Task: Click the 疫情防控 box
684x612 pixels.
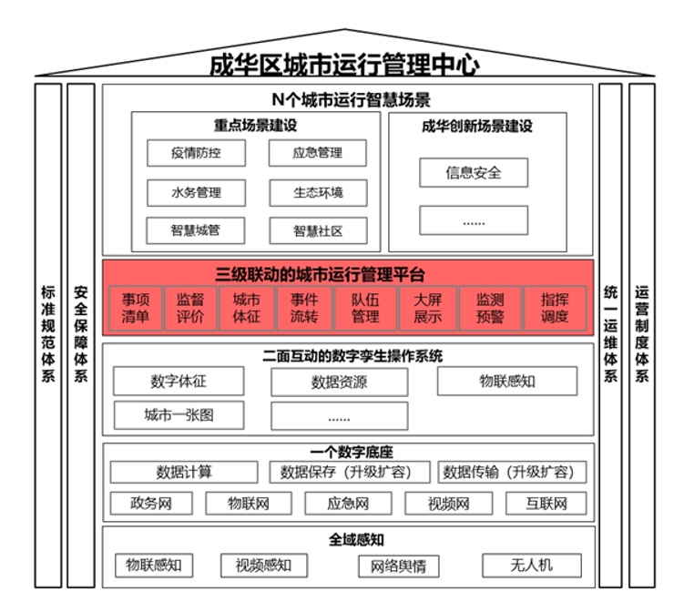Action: click(197, 153)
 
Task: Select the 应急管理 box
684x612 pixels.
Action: click(318, 153)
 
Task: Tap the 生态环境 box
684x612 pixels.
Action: click(319, 193)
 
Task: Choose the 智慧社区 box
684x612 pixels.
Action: click(319, 230)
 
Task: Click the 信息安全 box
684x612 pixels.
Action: click(474, 173)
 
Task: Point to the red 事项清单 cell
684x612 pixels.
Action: click(136, 308)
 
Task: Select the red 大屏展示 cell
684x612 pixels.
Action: click(428, 308)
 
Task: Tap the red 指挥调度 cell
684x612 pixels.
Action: click(555, 308)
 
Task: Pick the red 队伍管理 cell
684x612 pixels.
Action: click(365, 308)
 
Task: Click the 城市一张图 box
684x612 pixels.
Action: click(179, 415)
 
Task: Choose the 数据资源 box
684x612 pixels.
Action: click(340, 382)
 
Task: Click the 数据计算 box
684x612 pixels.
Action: click(184, 472)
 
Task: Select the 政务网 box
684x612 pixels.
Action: click(151, 504)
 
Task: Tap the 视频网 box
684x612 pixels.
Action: click(449, 504)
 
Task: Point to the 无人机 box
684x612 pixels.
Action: click(532, 566)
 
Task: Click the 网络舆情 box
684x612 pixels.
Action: click(399, 566)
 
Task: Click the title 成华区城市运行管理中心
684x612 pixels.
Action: click(344, 65)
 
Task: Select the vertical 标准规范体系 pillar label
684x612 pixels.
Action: click(48, 334)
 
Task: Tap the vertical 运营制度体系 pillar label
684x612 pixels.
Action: click(642, 334)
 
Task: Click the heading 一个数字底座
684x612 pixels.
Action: click(352, 452)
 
